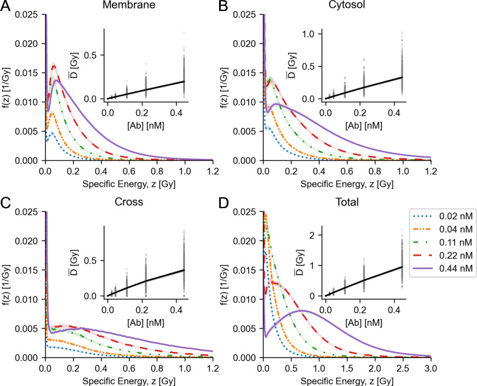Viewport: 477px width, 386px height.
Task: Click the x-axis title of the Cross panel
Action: pos(128,379)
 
